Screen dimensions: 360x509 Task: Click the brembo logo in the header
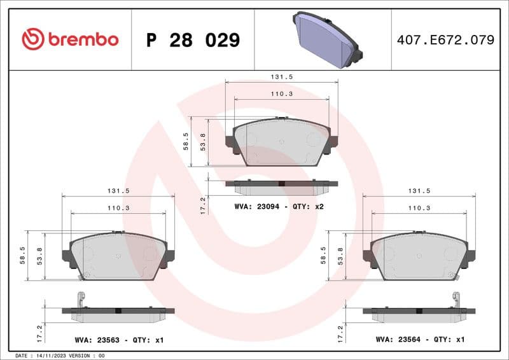[x=70, y=39]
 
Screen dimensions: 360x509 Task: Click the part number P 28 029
[x=193, y=40]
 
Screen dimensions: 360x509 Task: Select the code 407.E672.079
[x=445, y=40]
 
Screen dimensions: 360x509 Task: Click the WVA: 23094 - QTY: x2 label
[x=279, y=207]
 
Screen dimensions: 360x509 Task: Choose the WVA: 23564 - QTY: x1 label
[x=420, y=340]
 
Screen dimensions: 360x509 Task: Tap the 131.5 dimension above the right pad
[x=420, y=190]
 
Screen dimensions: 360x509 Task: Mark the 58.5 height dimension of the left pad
[x=23, y=255]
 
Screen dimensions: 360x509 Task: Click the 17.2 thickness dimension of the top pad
[x=202, y=205]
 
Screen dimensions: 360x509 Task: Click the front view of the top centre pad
[x=281, y=142]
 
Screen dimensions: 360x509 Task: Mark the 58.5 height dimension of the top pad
[x=186, y=141]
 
